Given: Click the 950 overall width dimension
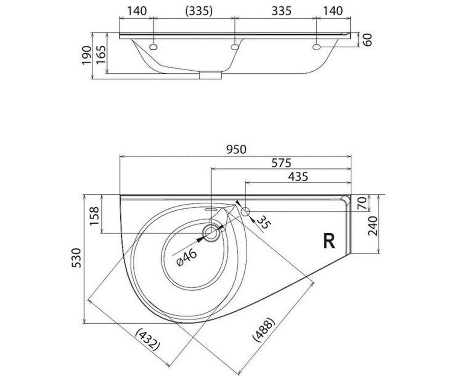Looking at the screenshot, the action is click(x=236, y=150).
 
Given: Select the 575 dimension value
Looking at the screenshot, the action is click(x=281, y=163).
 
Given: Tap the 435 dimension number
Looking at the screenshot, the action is click(x=298, y=177).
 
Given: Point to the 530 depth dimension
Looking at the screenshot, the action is click(x=76, y=258).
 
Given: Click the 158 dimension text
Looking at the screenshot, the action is click(x=94, y=216).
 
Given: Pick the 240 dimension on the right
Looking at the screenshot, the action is click(x=373, y=226).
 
